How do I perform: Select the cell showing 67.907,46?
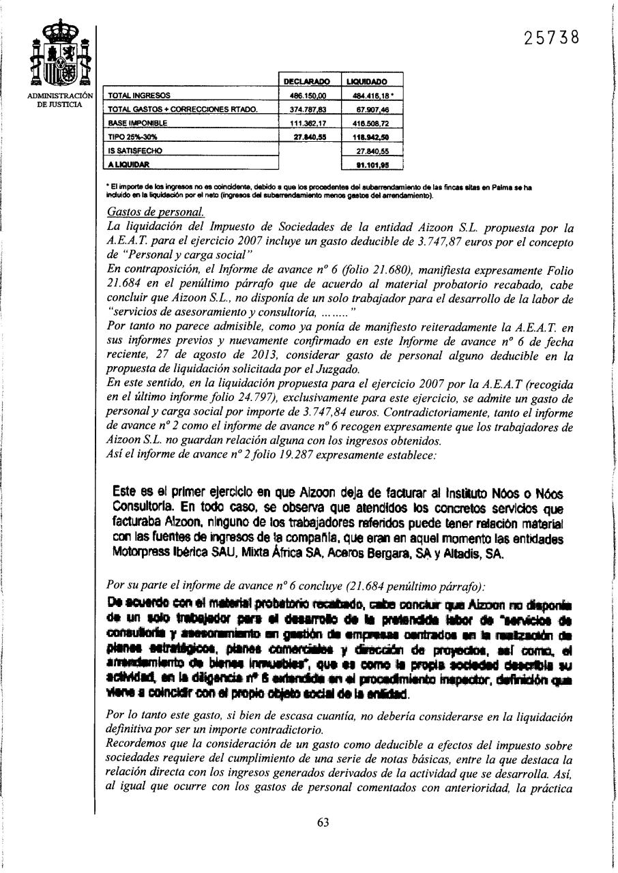(372, 110)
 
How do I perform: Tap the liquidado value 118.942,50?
(372, 137)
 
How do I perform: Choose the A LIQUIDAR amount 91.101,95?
(372, 164)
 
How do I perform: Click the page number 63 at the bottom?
(323, 822)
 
